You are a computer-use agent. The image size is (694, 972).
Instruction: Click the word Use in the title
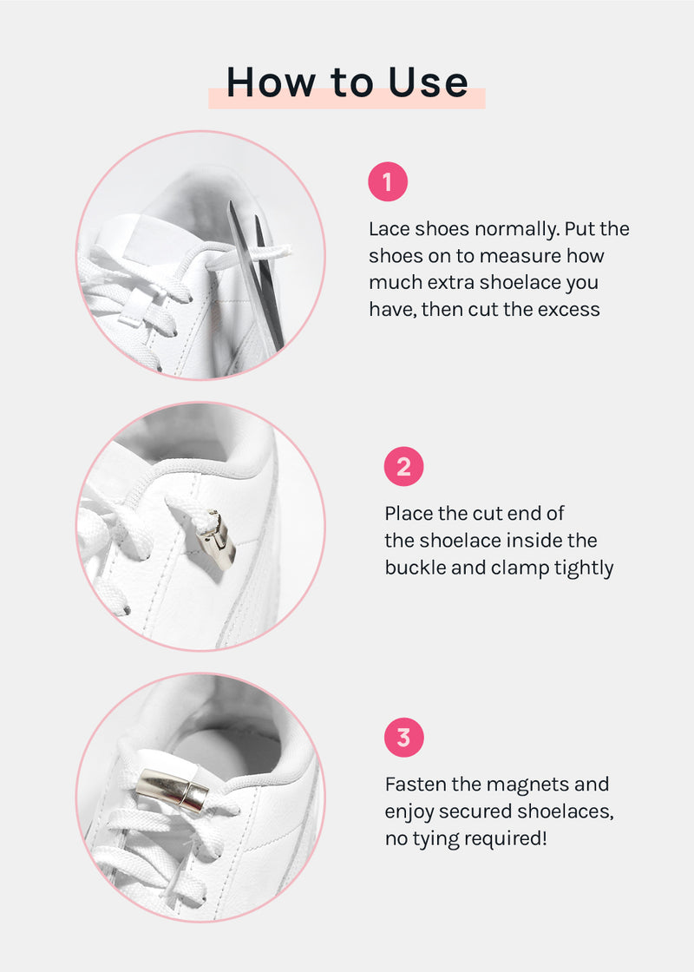coord(429,82)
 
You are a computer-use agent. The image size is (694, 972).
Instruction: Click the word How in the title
coord(272,82)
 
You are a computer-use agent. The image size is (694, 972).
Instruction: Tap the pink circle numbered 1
coord(388,181)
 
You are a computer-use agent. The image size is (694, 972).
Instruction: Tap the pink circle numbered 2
coord(404,466)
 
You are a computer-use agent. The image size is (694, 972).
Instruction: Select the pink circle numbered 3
coord(404,738)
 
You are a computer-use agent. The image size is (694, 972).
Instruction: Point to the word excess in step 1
coord(569,309)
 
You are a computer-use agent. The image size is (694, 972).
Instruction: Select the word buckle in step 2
coord(416,568)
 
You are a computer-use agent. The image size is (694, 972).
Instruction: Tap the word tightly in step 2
coord(584,568)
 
